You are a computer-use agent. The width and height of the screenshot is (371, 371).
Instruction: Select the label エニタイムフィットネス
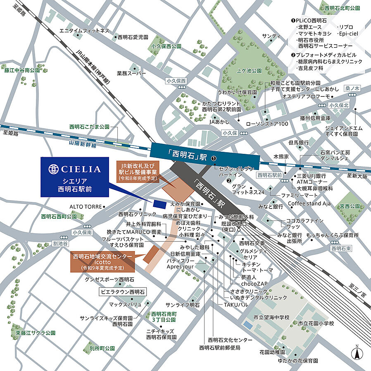[84, 31]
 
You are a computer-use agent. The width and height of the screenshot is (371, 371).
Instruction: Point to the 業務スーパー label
[131, 73]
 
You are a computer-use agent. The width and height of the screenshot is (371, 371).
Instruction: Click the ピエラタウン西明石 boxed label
[123, 292]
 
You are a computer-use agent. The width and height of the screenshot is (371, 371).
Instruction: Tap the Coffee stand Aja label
[309, 203]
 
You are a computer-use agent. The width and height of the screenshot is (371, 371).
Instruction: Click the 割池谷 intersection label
[61, 243]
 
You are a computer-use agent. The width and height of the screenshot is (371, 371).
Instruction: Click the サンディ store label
[271, 36]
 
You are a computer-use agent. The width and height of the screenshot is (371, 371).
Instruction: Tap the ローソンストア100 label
[266, 124]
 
